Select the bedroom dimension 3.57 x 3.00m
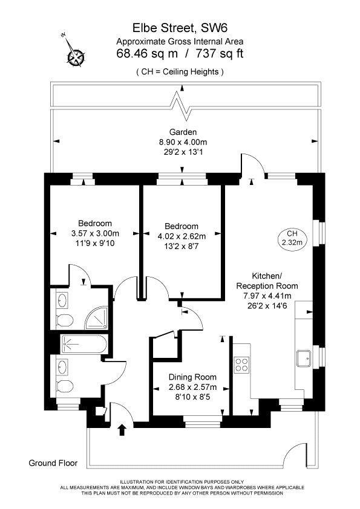tap(95, 233)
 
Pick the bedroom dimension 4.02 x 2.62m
tap(182, 236)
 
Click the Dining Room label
tap(192, 377)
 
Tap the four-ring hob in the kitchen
tap(241, 364)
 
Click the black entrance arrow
tap(123, 430)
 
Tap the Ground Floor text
tap(53, 463)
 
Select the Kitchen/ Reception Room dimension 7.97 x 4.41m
tap(267, 296)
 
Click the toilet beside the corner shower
tap(64, 319)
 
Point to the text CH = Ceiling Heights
tap(180, 72)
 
